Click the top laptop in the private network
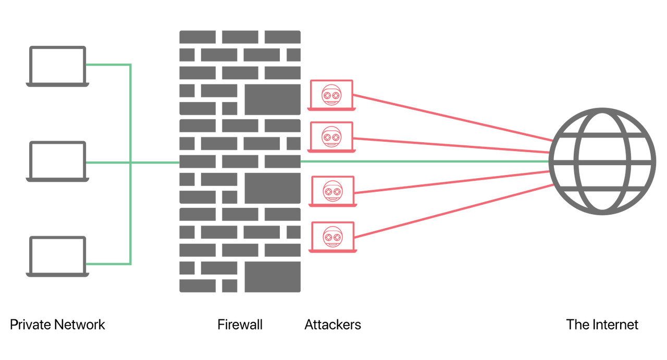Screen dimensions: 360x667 point(57,66)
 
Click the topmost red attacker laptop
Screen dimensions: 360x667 point(331,95)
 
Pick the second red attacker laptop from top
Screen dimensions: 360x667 point(331,137)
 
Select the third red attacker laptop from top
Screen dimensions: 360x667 point(332,192)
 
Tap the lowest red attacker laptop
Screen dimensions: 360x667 point(332,237)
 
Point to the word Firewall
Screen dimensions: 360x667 point(240,325)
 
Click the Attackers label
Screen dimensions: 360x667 point(332,325)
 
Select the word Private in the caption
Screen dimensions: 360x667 point(30,325)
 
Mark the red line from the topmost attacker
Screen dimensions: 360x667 point(453,118)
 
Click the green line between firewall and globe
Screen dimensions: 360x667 point(425,162)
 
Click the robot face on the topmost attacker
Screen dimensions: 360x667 point(331,95)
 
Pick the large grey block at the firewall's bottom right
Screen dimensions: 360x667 point(273,277)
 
